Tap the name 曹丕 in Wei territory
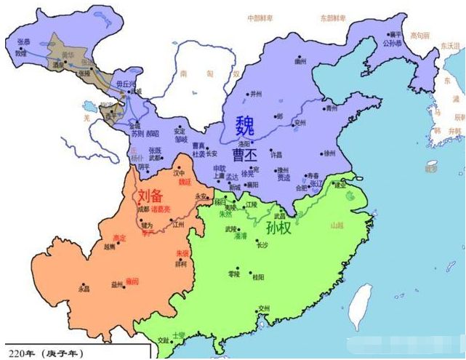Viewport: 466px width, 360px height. point(246,155)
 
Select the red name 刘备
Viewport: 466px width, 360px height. point(153,197)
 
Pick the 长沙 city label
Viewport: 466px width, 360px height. point(262,245)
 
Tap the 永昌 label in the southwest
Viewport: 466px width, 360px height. point(84,289)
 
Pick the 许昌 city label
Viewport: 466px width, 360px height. point(276,156)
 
